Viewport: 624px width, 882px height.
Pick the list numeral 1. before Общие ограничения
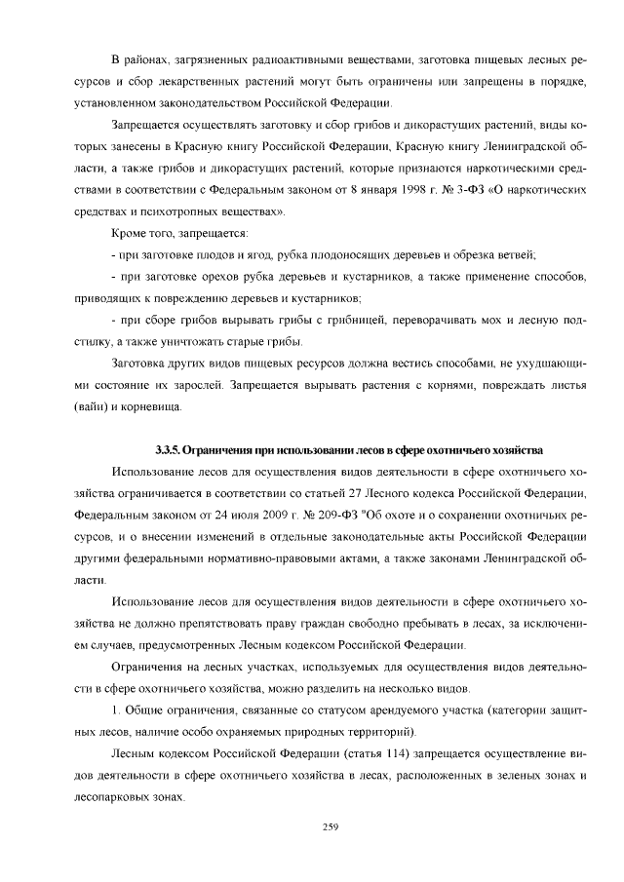click(x=116, y=709)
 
